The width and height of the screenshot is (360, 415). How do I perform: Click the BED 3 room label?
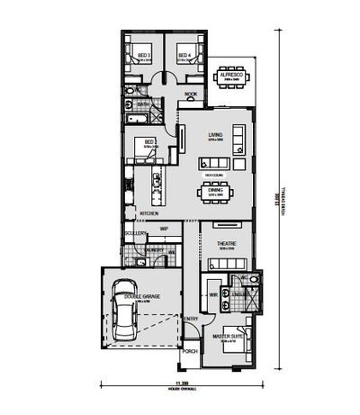144,56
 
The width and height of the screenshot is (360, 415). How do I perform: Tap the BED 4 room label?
184,56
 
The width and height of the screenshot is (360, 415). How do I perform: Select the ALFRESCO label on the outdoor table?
235,76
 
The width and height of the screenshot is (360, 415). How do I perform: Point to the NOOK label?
191,95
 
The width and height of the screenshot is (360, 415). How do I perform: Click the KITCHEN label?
148,213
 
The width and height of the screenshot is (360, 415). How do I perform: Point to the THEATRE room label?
225,244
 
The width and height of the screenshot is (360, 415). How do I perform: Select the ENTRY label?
192,320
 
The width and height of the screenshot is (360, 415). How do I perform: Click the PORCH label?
189,352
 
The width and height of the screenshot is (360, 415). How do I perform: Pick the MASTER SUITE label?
225,337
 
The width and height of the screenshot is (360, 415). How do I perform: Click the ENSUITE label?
240,293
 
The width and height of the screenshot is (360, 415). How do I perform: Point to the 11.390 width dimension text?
184,384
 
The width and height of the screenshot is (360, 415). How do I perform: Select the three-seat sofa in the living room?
238,138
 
